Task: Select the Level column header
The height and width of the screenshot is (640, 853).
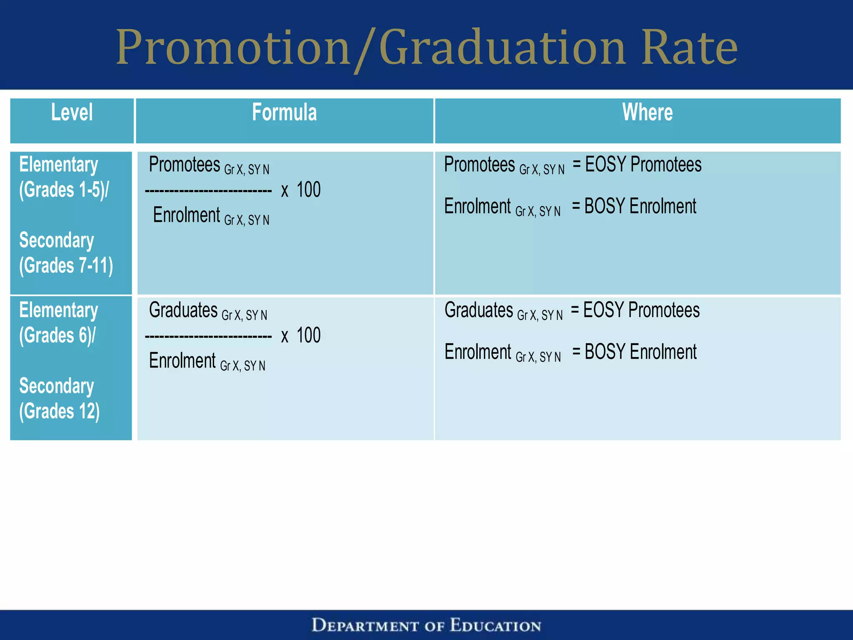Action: (x=72, y=112)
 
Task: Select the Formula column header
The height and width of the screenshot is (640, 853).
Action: (x=284, y=112)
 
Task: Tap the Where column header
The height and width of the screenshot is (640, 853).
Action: (x=647, y=112)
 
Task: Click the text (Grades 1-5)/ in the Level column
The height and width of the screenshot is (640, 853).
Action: (x=64, y=190)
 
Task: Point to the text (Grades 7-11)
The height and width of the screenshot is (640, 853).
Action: (x=66, y=265)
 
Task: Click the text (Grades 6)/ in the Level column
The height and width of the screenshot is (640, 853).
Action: (x=57, y=335)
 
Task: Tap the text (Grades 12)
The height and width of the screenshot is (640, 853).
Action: (x=59, y=411)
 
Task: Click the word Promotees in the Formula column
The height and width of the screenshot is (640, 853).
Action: (x=185, y=165)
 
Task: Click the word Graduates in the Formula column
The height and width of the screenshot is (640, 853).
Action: (x=183, y=310)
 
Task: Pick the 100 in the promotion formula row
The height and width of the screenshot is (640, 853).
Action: (x=309, y=190)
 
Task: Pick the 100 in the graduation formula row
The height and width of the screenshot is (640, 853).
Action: (x=309, y=336)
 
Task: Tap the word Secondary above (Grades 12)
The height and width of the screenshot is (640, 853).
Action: (x=57, y=386)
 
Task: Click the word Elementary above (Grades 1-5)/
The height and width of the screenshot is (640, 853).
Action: (x=58, y=165)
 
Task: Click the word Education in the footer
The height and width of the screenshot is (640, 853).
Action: (x=495, y=625)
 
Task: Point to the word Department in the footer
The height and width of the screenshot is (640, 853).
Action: (x=365, y=625)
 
